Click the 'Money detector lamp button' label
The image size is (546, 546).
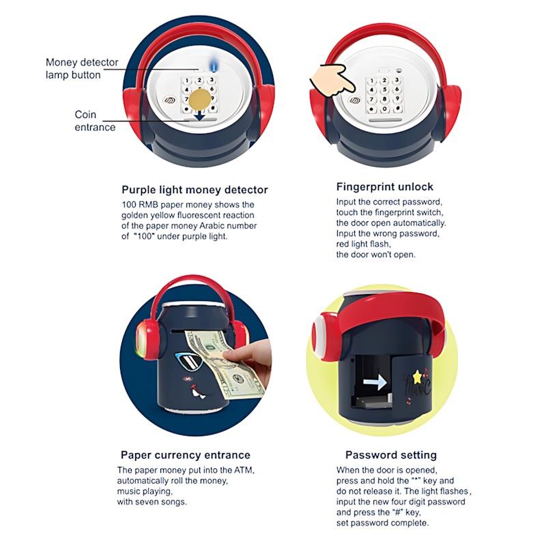point(82,69)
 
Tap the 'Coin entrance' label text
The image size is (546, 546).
point(95,121)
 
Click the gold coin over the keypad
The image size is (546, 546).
point(200,100)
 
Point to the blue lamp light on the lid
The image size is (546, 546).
point(212,65)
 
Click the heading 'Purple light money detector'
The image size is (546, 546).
point(195,190)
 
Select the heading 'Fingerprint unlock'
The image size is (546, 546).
point(385,187)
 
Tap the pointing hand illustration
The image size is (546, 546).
point(332,80)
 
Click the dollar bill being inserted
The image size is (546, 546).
point(226,364)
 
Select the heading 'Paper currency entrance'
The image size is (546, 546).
point(185,455)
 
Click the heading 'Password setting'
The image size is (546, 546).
point(390,455)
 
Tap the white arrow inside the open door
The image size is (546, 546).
point(375,382)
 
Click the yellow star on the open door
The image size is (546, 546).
point(417,377)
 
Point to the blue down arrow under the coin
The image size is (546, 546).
point(199,115)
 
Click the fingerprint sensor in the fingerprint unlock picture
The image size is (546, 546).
point(355,100)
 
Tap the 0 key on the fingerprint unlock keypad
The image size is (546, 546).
point(384,109)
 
